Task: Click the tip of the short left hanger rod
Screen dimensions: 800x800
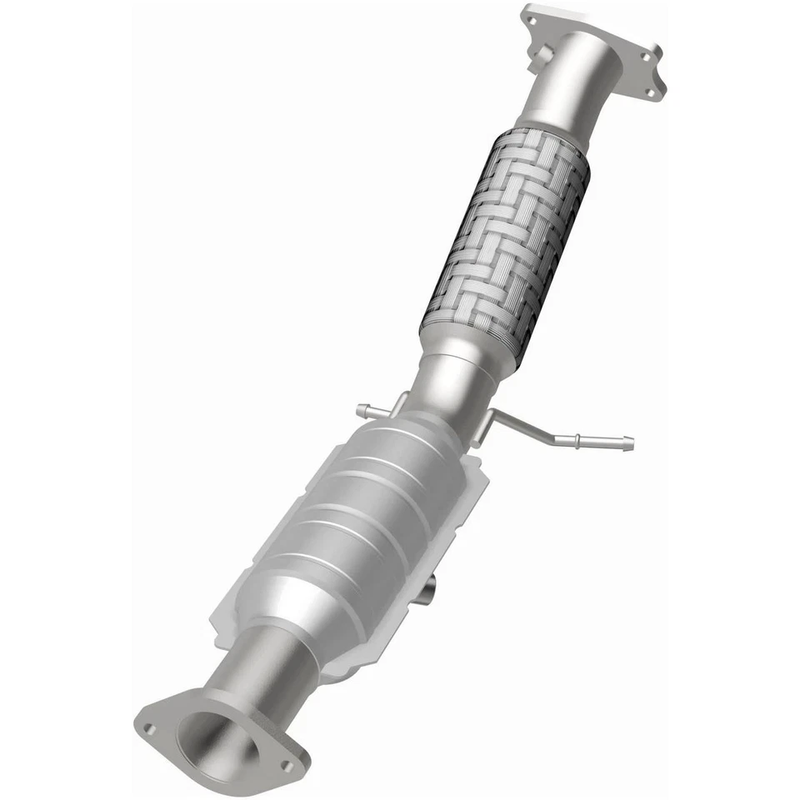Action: [361, 409]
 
